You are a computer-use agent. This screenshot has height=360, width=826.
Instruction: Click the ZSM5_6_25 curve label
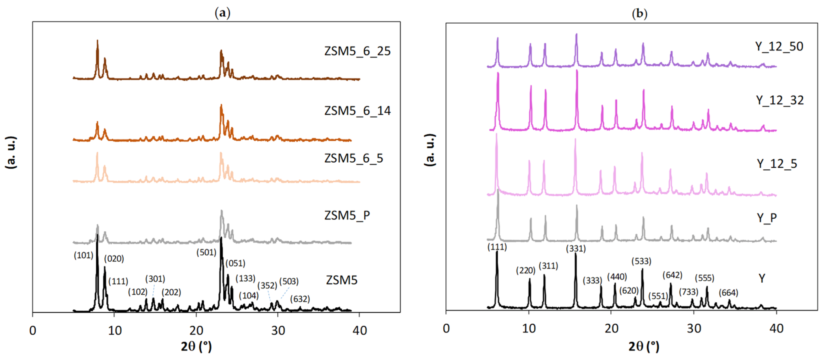coord(357,51)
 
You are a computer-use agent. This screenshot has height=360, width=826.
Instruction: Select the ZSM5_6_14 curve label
coord(357,111)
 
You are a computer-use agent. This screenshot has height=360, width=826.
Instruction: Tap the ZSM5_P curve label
coord(347,215)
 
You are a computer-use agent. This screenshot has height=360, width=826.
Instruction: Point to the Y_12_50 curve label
coord(779,47)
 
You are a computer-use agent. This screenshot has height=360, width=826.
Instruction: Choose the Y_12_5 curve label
coord(777,164)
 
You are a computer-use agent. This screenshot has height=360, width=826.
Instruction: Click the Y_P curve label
coord(766,218)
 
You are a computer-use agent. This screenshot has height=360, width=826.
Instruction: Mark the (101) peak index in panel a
coord(83,256)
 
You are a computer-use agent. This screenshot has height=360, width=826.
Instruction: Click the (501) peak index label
coord(206,253)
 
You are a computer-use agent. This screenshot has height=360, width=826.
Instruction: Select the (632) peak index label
coord(300,299)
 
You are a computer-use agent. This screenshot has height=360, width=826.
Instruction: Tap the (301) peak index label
coord(155,279)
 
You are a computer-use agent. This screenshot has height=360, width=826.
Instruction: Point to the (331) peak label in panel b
coord(576,249)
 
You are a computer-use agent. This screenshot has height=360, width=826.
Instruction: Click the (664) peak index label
coord(728,293)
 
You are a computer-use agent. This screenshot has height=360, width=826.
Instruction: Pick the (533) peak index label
coord(641,262)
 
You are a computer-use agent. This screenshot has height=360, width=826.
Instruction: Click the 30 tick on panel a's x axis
coord(278,330)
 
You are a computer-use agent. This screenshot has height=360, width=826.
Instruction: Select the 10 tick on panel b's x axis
coord(528,329)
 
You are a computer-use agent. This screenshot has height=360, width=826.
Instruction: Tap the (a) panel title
coord(222,13)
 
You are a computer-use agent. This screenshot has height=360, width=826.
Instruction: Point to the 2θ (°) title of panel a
coord(196,347)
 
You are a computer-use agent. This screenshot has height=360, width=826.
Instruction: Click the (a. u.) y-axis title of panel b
coord(430,150)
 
